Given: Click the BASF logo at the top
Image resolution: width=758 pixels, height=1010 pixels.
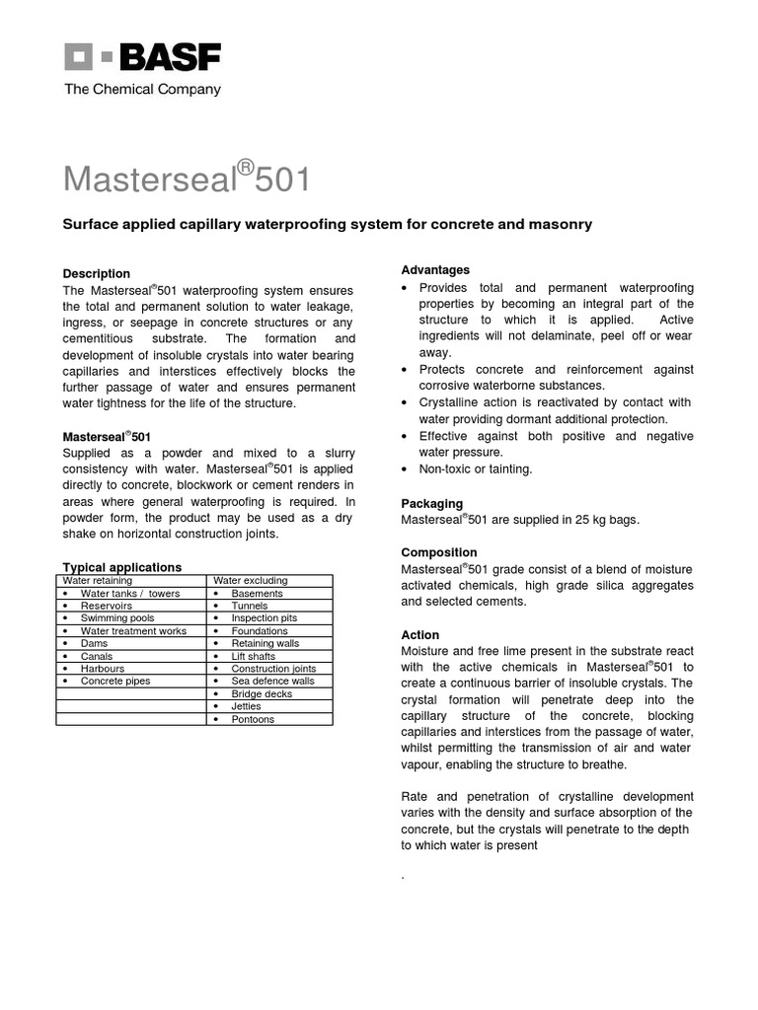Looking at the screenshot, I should (x=142, y=56).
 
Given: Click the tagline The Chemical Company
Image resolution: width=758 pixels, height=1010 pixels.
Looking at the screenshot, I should (x=142, y=90).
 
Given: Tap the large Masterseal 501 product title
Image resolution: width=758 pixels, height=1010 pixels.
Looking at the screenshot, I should (x=187, y=180).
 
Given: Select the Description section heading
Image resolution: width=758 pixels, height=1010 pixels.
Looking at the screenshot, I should (x=97, y=273).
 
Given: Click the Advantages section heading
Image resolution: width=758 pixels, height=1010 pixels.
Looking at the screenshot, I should (x=435, y=269).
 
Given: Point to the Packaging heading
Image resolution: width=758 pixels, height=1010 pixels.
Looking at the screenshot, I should (x=431, y=503).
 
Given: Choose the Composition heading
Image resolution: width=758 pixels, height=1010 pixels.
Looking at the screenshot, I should (x=439, y=552).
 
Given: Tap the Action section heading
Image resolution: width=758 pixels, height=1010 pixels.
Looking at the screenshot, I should (x=420, y=634).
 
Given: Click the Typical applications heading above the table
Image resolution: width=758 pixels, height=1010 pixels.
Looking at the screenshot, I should (x=122, y=567).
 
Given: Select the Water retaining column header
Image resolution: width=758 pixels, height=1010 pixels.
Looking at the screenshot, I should (x=99, y=581).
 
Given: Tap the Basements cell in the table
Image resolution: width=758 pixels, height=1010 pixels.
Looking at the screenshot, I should (x=257, y=594).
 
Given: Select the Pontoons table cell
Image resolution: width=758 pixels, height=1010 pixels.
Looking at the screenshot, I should (x=253, y=719).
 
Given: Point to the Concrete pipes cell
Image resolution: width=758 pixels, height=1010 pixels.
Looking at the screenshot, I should (x=114, y=682).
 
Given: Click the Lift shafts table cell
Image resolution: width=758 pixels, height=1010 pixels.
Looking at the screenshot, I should (x=254, y=656).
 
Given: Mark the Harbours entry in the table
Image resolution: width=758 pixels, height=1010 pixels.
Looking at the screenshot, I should (x=103, y=669).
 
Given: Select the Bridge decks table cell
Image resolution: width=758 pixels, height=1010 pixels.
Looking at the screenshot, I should (x=262, y=694).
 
